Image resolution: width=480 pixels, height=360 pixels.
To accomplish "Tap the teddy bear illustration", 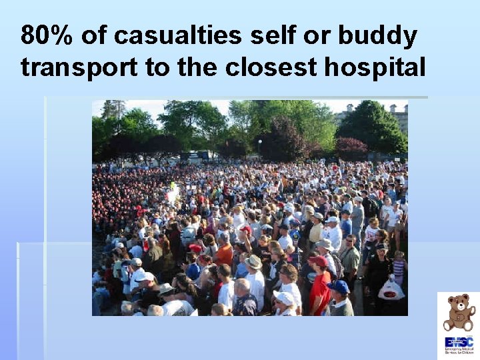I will (459, 312).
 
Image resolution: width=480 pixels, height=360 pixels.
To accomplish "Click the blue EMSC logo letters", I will (458, 341).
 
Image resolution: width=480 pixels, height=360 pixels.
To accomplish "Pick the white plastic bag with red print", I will (391, 289).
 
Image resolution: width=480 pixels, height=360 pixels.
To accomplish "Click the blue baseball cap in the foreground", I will (339, 287).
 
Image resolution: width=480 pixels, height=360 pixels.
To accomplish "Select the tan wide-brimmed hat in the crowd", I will (253, 262).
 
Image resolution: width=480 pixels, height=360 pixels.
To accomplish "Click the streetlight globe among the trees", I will (259, 142).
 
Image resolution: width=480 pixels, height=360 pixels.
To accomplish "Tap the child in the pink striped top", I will (399, 267).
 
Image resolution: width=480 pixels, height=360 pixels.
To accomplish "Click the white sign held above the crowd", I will (173, 195).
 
